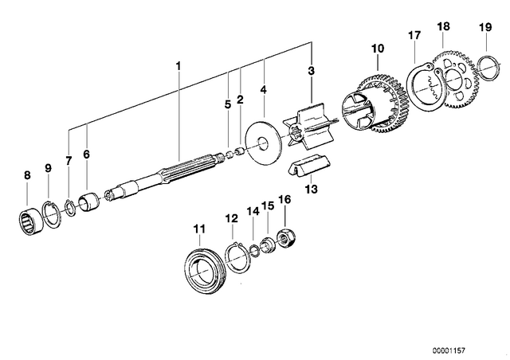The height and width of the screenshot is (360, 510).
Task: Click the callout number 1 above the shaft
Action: (178, 66)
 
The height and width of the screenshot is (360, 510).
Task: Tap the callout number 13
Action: (312, 189)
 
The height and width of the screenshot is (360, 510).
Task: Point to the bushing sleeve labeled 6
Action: (88, 202)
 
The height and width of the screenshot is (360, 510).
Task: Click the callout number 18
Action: (443, 26)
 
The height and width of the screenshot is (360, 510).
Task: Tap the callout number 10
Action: (378, 49)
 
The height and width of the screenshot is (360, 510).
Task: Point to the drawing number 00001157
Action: (449, 350)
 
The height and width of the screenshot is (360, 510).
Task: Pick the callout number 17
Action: (414, 35)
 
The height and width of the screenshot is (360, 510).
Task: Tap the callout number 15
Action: (268, 205)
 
